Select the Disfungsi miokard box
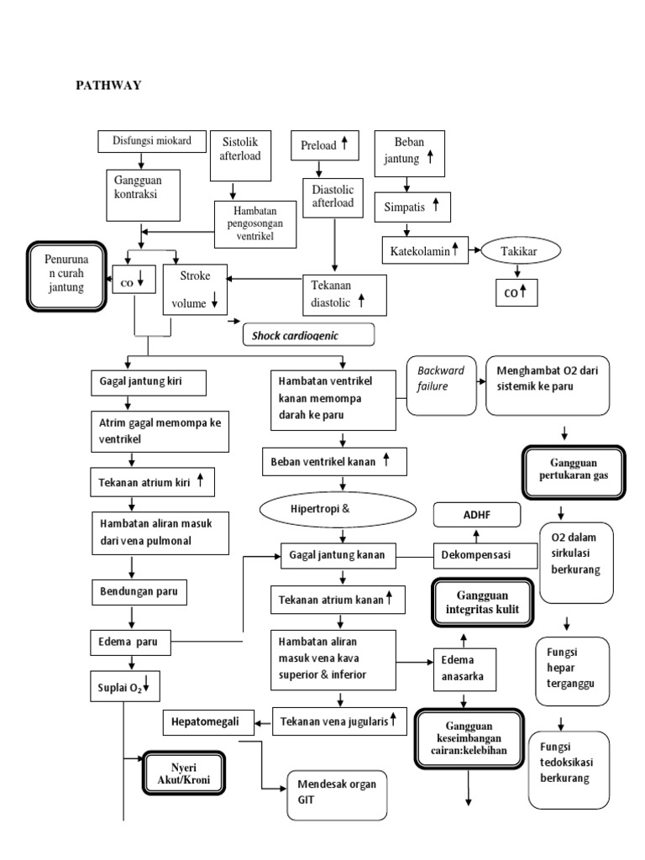click(x=152, y=141)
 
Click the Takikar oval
click(x=521, y=250)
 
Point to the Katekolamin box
click(x=424, y=249)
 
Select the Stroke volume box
click(x=195, y=290)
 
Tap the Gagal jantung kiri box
click(x=160, y=383)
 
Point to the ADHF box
click(x=476, y=514)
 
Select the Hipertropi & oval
click(x=339, y=508)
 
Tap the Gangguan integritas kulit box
click(x=482, y=602)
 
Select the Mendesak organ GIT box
click(x=336, y=794)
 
